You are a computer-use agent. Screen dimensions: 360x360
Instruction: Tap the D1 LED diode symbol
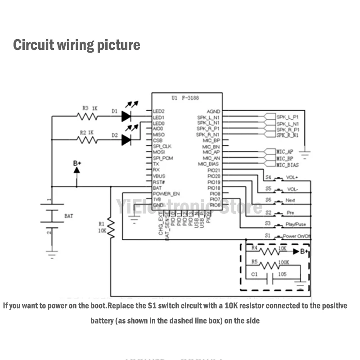tap(126, 116)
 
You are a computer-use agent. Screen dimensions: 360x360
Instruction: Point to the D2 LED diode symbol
tap(126, 140)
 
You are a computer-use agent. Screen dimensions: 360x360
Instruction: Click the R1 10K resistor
tap(111, 229)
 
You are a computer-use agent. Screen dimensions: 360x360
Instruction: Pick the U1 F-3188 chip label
tap(185, 98)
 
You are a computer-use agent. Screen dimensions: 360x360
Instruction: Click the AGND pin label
tap(213, 111)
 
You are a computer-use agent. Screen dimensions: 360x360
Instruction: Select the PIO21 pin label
tap(213, 170)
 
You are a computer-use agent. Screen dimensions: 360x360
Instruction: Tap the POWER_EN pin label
tap(166, 193)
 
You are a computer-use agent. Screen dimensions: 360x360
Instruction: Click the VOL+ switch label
tap(292, 177)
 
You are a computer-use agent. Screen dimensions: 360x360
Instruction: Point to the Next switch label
tap(290, 200)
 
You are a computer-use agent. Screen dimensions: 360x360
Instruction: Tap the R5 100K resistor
tap(270, 265)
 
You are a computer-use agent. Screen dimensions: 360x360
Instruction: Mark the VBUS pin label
tap(159, 176)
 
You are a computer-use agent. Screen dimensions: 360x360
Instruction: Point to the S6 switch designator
tap(268, 199)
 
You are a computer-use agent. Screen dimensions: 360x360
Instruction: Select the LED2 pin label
tap(158, 111)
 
